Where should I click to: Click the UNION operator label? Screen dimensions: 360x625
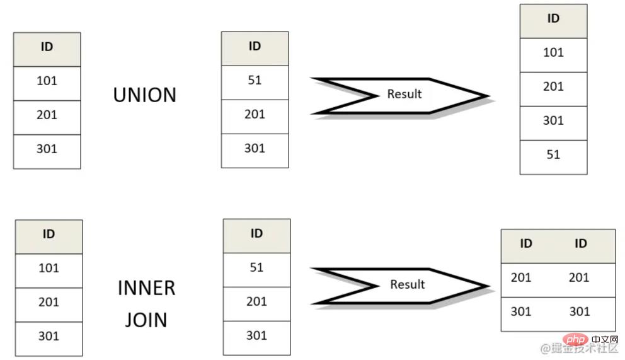tap(145, 95)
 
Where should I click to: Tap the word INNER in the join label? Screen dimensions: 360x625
tap(146, 288)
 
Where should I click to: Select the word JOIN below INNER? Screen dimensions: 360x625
tap(146, 319)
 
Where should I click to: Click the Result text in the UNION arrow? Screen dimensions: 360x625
tap(404, 94)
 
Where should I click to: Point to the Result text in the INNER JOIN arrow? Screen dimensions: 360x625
tap(407, 284)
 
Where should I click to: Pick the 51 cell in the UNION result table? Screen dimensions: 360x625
tap(553, 154)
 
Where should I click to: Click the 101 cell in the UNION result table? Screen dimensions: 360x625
tap(553, 52)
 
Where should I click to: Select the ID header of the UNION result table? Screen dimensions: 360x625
tap(553, 19)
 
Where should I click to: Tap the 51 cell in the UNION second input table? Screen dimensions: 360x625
tap(255, 80)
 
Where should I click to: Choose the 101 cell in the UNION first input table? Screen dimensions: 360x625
tap(47, 81)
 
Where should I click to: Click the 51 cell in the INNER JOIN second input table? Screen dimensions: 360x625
tap(256, 267)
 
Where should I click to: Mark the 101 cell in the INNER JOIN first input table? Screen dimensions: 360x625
tap(49, 268)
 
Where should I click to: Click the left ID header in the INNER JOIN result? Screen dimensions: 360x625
tap(526, 243)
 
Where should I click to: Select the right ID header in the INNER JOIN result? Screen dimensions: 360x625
tap(581, 243)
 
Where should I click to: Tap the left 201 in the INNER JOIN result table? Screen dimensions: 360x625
tap(521, 277)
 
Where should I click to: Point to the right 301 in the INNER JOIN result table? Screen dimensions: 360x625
tap(579, 311)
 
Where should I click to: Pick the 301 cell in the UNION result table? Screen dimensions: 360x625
tap(553, 120)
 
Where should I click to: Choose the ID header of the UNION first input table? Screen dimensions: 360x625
tap(47, 47)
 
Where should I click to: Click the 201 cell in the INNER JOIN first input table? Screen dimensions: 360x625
tap(49, 302)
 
